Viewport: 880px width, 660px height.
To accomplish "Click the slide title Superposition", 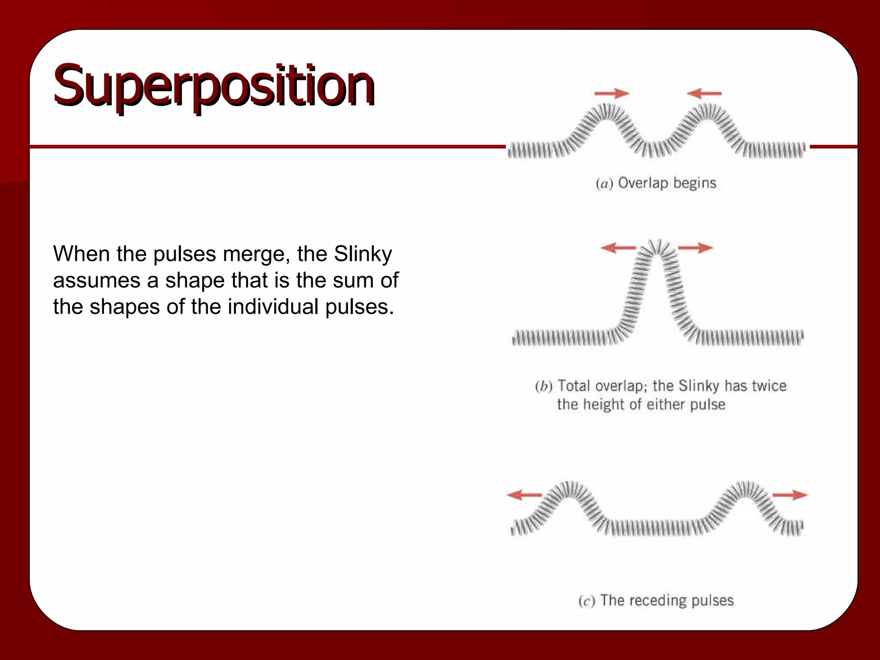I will coord(214,85).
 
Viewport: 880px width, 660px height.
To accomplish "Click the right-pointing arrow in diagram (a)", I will coord(611,93).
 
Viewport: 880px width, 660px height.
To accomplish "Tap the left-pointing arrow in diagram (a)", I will coord(704,93).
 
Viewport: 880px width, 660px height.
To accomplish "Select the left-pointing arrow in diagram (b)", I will coord(618,247).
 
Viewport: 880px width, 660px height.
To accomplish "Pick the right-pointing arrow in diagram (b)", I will coord(696,247).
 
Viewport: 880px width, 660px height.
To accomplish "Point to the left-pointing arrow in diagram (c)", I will coord(524,495).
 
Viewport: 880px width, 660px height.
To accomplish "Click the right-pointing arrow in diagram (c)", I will coord(790,495).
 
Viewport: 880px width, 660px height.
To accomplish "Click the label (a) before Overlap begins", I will coord(604,184).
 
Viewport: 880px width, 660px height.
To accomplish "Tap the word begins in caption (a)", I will coord(695,183).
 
